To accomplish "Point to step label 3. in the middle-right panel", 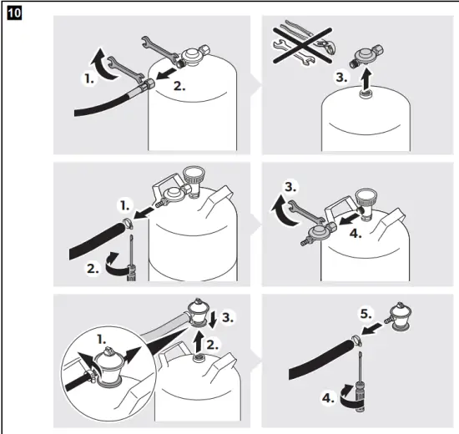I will (288, 188).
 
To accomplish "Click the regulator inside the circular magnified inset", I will (108, 368).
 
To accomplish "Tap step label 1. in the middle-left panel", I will (124, 204).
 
